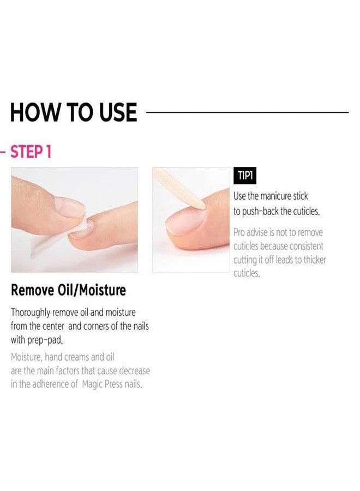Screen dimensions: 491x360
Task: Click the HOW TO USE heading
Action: point(73,112)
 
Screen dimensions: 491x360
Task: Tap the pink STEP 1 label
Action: point(31,152)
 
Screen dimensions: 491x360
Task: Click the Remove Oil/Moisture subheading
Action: point(68,290)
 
